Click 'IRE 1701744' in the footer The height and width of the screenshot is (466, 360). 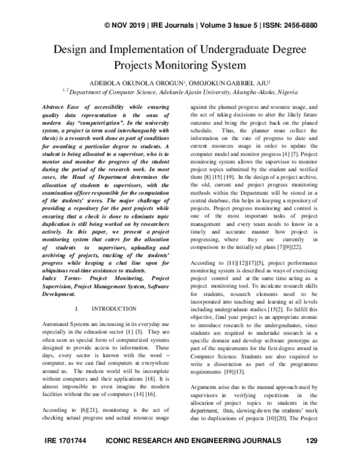[x=66, y=457]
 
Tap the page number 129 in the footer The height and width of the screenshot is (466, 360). [x=310, y=457]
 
